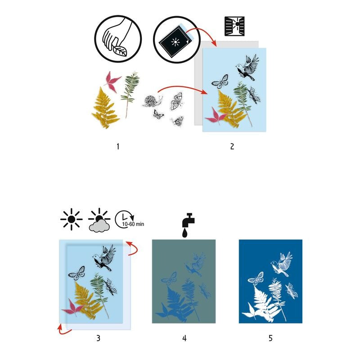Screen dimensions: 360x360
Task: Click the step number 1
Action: click(x=117, y=146)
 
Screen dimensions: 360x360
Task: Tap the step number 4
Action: click(x=184, y=337)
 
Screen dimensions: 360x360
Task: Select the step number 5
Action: click(x=270, y=337)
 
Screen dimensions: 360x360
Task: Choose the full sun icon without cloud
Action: click(x=71, y=219)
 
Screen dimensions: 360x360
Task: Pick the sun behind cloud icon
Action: click(x=99, y=220)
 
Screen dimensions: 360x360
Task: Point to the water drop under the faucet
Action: click(x=184, y=233)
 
